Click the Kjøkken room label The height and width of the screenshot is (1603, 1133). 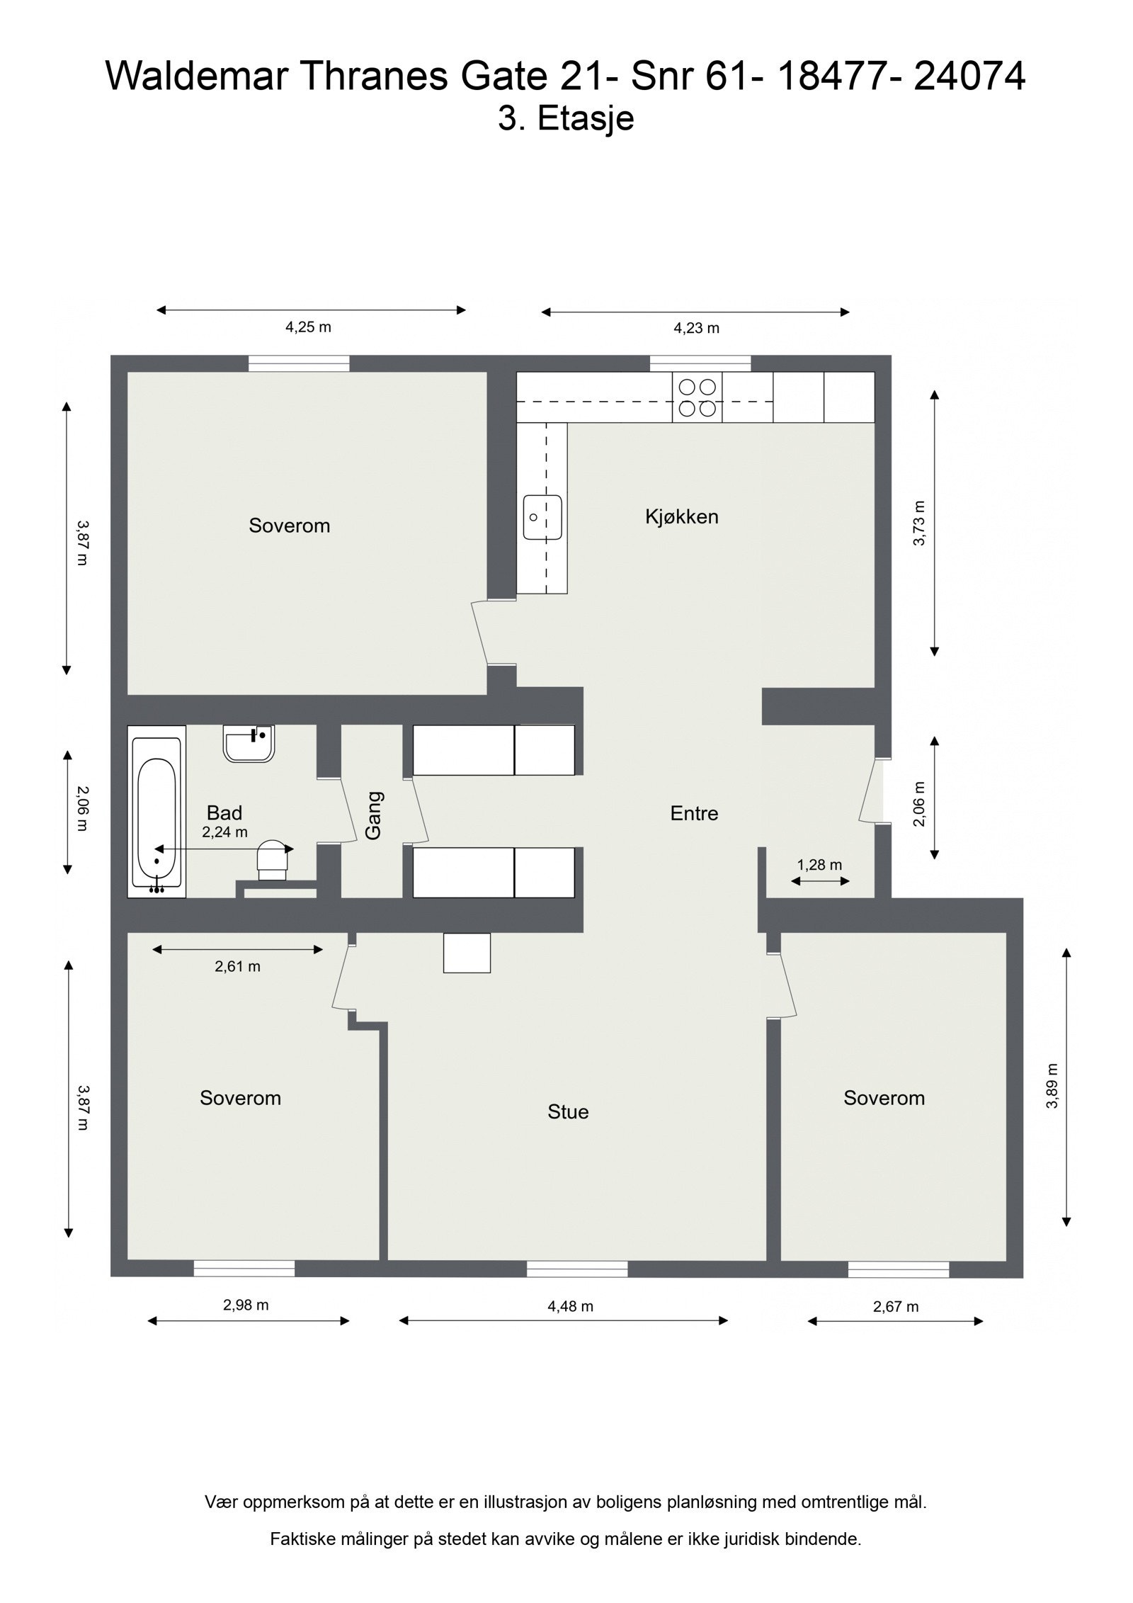point(681,516)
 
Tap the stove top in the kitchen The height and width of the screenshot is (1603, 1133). point(698,398)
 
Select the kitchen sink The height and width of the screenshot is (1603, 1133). point(542,517)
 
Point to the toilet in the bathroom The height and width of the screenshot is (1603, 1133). point(273,859)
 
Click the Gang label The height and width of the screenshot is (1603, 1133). point(373,815)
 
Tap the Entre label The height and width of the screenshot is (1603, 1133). point(694,813)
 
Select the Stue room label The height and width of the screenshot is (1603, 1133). point(568,1111)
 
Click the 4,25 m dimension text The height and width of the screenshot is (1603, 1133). point(308,327)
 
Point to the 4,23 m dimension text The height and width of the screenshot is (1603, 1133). point(696,328)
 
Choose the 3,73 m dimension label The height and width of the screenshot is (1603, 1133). point(919,523)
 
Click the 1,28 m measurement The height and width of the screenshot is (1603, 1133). point(819,865)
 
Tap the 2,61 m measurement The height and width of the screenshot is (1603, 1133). point(237,966)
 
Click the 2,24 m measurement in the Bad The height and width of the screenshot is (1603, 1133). point(224,832)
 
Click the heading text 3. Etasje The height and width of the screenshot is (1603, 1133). point(566,118)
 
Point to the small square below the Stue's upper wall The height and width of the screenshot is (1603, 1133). point(467,953)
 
